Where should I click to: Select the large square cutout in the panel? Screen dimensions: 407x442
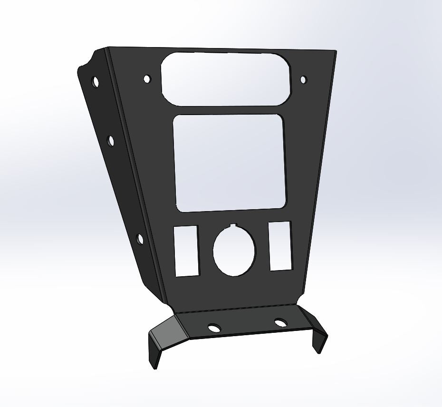(x=229, y=163)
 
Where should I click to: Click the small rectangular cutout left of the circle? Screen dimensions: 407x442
(x=186, y=251)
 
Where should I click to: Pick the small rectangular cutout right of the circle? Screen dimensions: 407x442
(x=280, y=246)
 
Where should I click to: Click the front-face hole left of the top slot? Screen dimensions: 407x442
(x=147, y=78)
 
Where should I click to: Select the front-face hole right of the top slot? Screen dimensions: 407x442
(x=304, y=79)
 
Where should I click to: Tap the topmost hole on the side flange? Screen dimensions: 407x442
(x=96, y=82)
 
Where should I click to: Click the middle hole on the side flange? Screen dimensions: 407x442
(x=111, y=141)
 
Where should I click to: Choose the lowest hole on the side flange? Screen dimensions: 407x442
(x=140, y=239)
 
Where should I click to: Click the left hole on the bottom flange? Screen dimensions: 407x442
(x=214, y=328)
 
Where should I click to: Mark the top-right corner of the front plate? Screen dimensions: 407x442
(x=335, y=51)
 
